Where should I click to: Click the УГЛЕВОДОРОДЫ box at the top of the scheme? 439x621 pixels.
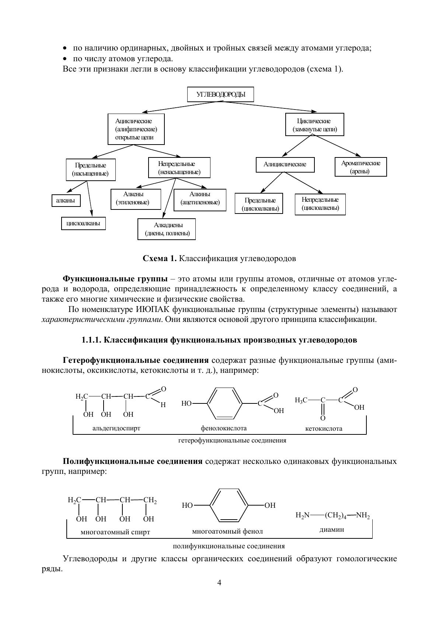coord(220,94)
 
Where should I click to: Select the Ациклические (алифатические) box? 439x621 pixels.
coord(136,129)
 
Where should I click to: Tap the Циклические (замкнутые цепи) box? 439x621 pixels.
coord(315,125)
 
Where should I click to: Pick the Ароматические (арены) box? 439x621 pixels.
coord(361,167)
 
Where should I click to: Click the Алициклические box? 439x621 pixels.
coord(285,164)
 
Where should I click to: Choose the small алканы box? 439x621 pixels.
coord(66,201)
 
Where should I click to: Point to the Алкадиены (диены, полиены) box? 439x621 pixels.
coord(167,229)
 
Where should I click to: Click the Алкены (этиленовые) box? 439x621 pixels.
coord(136,199)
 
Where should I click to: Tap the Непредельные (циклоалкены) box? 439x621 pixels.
coord(320,204)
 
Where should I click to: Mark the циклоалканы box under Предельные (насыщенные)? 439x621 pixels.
coord(83,223)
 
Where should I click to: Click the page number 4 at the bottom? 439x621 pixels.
coord(219,583)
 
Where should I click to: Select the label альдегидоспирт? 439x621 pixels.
coord(116,428)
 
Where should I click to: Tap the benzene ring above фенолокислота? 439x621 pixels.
coord(225,403)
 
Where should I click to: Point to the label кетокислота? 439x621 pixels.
coord(324,429)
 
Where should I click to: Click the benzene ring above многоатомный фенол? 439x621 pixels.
coord(229,505)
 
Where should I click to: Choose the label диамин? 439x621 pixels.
coord(332,529)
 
